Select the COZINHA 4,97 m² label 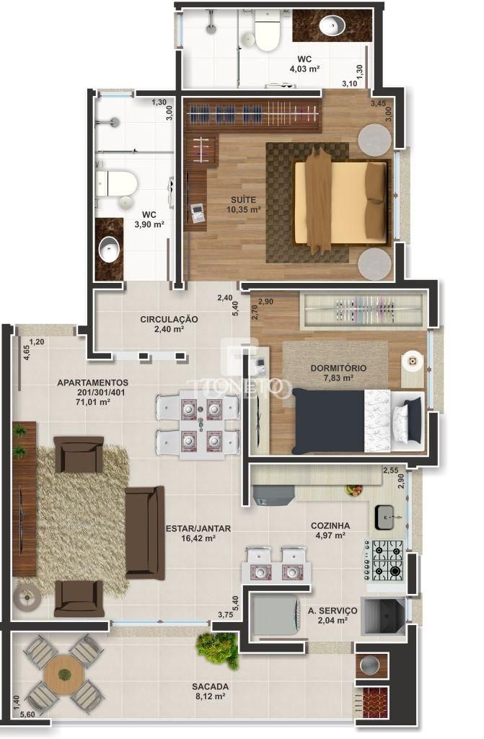coord(330,530)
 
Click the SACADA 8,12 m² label coord(211,691)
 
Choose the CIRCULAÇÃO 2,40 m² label coord(170,324)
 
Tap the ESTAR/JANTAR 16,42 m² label coord(198,533)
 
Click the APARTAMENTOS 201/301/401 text coord(92,388)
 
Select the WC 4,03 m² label coord(304,64)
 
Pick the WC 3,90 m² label coord(149,219)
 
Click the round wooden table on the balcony coord(64,674)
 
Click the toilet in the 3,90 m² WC coord(116,183)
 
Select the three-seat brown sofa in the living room coord(144,533)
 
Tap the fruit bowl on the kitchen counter coord(353,490)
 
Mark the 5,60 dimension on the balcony coord(27,714)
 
